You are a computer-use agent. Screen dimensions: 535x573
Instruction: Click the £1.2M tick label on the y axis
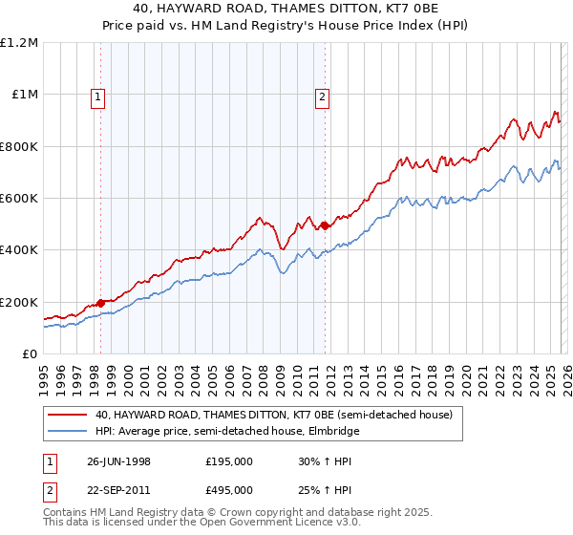click(x=19, y=43)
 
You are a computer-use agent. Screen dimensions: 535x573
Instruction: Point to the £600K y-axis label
click(x=19, y=199)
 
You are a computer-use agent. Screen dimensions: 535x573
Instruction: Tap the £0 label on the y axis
click(x=31, y=354)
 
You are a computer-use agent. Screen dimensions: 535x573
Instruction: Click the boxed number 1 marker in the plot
click(x=99, y=96)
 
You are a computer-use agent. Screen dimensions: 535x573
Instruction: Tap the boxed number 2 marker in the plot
click(x=323, y=96)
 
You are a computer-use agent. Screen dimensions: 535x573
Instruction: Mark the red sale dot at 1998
click(x=101, y=303)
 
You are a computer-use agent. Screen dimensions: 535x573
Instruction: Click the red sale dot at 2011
click(x=325, y=225)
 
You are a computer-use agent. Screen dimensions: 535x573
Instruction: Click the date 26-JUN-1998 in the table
click(x=119, y=460)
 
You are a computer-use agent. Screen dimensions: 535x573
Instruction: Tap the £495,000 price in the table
click(x=228, y=489)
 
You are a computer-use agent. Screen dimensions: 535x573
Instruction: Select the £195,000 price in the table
click(x=228, y=460)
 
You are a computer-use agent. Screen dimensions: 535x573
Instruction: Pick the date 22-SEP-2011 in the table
click(x=119, y=489)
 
